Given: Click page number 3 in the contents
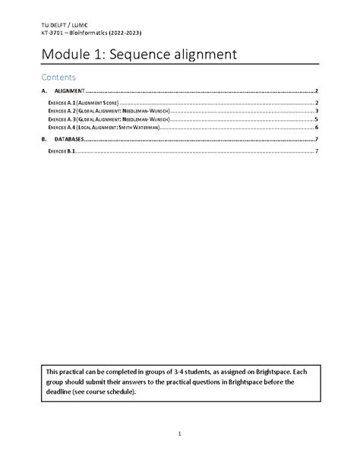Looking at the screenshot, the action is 315,111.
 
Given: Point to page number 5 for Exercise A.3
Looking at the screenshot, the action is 315,119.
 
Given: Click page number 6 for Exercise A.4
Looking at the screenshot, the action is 315,128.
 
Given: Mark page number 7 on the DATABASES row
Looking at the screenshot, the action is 315,140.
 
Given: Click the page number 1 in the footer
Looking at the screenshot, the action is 180,433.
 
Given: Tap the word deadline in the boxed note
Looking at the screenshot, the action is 65,392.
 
